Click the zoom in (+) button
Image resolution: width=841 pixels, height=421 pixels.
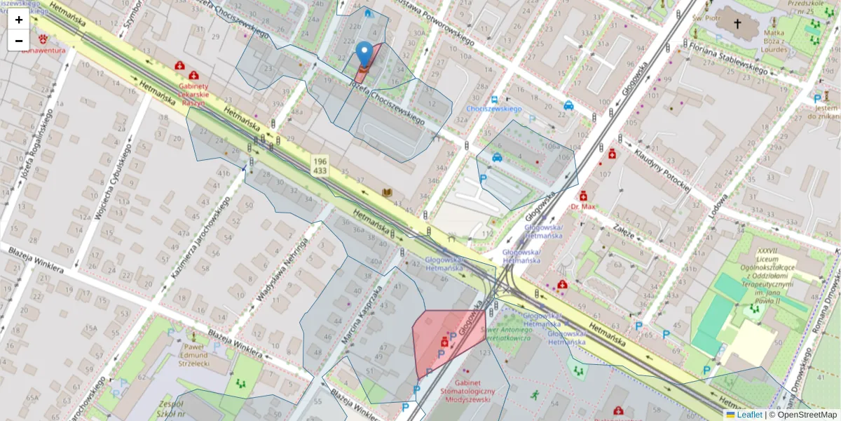tap(19, 20)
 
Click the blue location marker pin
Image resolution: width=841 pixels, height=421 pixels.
tap(364, 54)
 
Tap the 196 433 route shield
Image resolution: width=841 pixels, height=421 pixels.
tap(320, 166)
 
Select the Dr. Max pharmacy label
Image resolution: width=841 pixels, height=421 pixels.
tap(582, 207)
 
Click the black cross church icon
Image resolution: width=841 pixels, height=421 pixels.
tap(737, 24)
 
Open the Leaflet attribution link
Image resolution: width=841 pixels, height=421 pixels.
tap(748, 415)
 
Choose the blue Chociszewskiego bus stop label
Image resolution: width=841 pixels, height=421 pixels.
tap(494, 109)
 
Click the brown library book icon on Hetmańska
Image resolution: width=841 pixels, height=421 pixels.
tap(387, 192)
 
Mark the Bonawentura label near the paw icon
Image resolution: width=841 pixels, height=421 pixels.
tap(43, 51)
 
